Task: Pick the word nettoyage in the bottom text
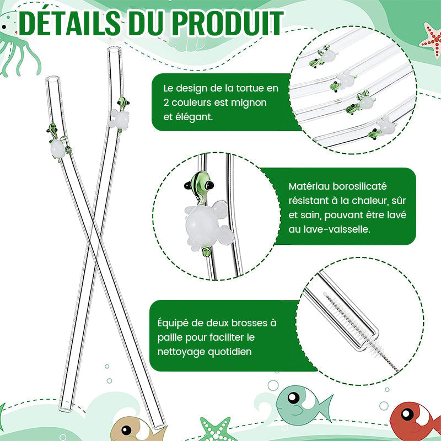point(186,351)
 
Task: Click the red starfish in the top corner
point(429,40)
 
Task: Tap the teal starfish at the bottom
point(214,429)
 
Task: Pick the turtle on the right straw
point(118,116)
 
